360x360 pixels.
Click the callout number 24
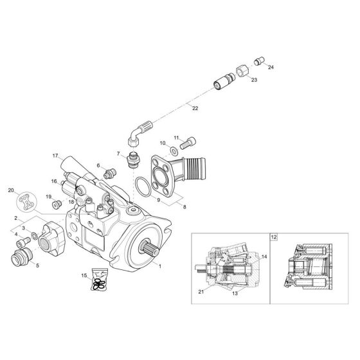tap(271, 67)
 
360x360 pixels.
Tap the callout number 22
tap(195, 109)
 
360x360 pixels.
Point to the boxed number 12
tap(274, 237)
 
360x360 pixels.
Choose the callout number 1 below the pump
tap(160, 265)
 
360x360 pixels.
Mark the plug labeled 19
tap(56, 204)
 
